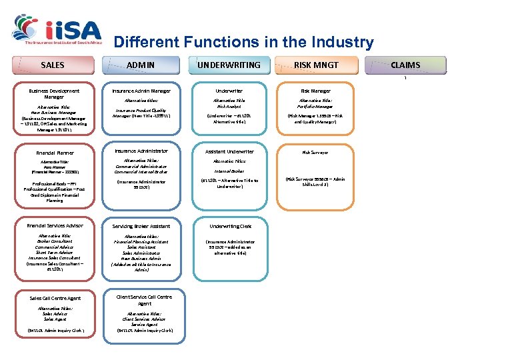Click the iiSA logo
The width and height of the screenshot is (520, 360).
pyautogui.click(x=56, y=29)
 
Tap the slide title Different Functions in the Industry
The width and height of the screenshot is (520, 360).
pyautogui.click(x=243, y=43)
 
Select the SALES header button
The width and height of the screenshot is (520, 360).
pyautogui.click(x=53, y=65)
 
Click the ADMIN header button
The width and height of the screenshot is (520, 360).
pyautogui.click(x=141, y=65)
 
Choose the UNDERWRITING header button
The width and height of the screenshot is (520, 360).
pyautogui.click(x=229, y=65)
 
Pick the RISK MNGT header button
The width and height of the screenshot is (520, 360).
pyautogui.click(x=317, y=65)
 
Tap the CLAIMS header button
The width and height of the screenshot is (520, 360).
pyautogui.click(x=405, y=65)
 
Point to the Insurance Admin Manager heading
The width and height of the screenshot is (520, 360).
pyautogui.click(x=141, y=91)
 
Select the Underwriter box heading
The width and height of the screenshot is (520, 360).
pyautogui.click(x=229, y=91)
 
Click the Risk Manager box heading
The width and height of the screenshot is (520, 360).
pyautogui.click(x=315, y=91)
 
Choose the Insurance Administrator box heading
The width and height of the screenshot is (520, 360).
pyautogui.click(x=141, y=151)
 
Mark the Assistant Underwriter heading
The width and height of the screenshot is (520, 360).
pyautogui.click(x=229, y=152)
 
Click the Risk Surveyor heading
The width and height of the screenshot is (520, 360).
pyautogui.click(x=315, y=153)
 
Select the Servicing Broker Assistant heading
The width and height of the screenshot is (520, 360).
pyautogui.click(x=141, y=227)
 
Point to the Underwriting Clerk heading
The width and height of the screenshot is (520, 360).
pyautogui.click(x=229, y=227)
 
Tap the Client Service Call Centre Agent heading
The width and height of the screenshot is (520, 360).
pyautogui.click(x=143, y=300)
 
